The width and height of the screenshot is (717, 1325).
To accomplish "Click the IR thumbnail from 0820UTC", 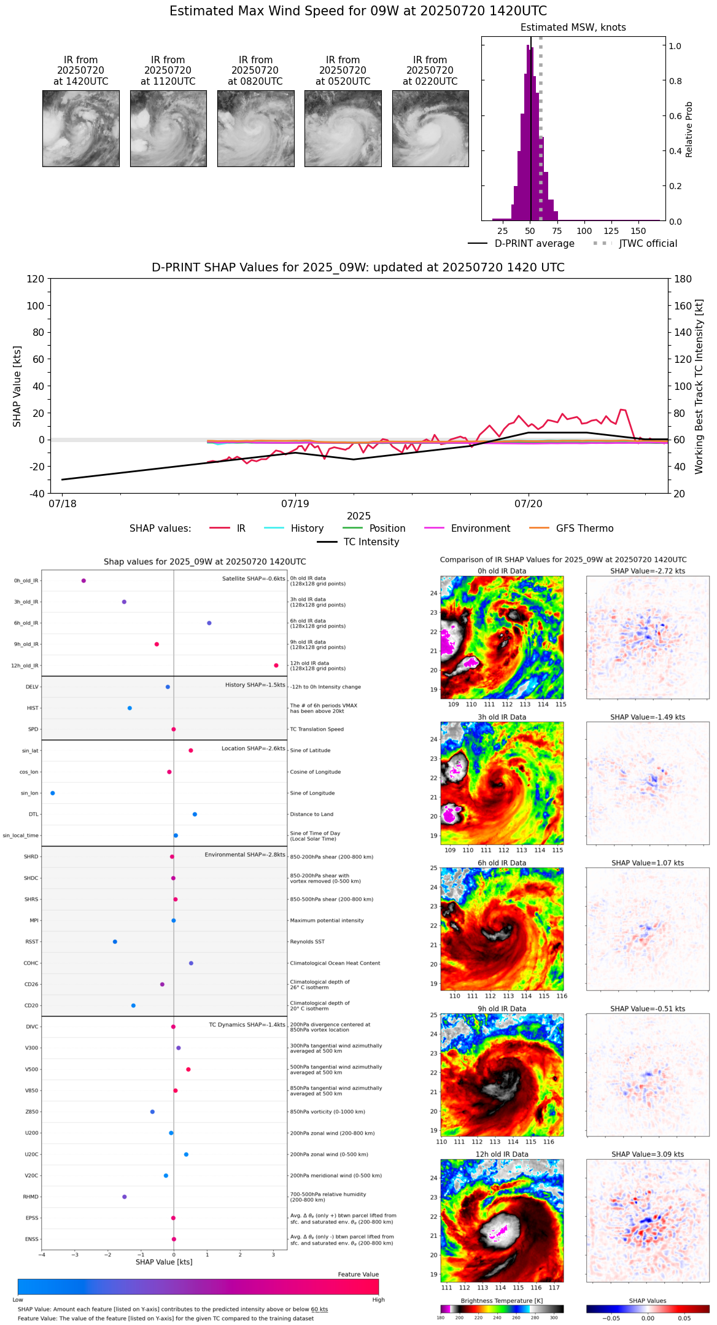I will (255, 128).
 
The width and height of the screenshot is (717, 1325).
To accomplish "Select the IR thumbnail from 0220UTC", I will (430, 128).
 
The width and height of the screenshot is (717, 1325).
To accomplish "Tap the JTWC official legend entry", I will (648, 244).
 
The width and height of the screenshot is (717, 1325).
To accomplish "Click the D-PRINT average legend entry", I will (534, 244).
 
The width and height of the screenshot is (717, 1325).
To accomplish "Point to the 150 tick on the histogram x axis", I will (638, 231).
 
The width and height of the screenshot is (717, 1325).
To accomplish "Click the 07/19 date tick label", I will (295, 504).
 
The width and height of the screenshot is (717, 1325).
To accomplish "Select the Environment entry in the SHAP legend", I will (480, 529).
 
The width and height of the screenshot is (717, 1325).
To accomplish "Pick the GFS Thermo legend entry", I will (584, 529).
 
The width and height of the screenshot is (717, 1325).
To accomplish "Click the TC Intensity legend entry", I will (371, 542).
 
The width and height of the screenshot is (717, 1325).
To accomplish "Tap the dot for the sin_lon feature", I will (52, 793).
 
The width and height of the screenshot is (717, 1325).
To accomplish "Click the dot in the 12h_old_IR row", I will (276, 666).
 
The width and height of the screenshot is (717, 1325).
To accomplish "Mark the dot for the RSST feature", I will (115, 942).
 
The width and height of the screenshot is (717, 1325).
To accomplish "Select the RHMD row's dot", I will (124, 1197).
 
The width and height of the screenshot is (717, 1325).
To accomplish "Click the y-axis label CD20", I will (31, 1006).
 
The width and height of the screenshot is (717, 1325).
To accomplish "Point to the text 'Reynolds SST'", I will (307, 942).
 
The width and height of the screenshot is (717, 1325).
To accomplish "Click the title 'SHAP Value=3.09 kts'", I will (648, 1154).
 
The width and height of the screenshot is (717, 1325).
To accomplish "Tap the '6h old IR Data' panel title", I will (502, 863).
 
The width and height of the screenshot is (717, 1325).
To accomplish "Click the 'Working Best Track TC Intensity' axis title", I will (699, 387).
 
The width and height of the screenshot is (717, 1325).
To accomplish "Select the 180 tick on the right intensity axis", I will (683, 279).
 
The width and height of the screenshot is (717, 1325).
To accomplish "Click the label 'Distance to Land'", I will (312, 814).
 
